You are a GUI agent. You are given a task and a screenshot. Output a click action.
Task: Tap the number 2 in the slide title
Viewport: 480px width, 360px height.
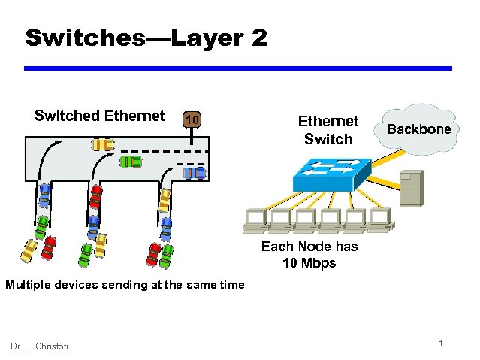[x=258, y=38]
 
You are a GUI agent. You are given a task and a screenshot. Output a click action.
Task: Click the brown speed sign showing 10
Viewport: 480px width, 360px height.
[x=192, y=119]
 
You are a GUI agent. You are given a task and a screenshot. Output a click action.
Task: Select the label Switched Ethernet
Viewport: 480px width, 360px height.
[x=99, y=116]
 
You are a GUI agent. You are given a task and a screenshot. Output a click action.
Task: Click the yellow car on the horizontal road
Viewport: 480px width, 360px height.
[x=103, y=144]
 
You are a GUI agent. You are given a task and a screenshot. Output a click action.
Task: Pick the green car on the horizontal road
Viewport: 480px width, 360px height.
[x=131, y=160]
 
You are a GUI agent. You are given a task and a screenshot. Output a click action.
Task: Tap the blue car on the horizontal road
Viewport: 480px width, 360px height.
[x=195, y=174]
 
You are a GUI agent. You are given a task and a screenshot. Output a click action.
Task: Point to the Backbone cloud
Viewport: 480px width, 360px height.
[x=418, y=129]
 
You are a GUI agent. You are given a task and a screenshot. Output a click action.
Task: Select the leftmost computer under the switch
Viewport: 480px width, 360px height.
[x=255, y=219]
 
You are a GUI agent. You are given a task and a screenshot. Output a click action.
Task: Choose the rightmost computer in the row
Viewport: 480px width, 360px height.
[x=379, y=219]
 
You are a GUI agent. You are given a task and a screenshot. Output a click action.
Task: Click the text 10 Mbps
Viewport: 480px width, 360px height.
[x=309, y=263]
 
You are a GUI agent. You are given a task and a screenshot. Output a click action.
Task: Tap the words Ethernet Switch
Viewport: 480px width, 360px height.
[x=328, y=129]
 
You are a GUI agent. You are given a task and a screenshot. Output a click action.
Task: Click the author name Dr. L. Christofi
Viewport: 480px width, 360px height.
[x=39, y=345]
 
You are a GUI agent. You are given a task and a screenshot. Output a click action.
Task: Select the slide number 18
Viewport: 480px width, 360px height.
[x=443, y=343]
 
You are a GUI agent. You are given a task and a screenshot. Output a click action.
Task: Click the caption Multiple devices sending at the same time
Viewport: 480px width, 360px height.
[x=125, y=284]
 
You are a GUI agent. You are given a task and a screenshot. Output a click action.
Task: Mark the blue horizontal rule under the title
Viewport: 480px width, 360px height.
[x=238, y=68]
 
